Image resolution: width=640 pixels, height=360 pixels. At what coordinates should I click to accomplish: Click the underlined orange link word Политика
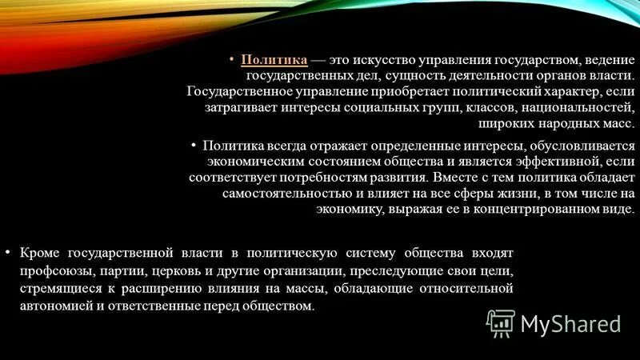[274, 60]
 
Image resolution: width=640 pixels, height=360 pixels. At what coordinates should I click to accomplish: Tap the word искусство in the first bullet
[380, 60]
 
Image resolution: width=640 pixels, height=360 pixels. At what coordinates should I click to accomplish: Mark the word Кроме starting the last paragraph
[40, 254]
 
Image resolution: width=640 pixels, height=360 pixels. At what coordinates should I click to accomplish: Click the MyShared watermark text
[571, 323]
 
